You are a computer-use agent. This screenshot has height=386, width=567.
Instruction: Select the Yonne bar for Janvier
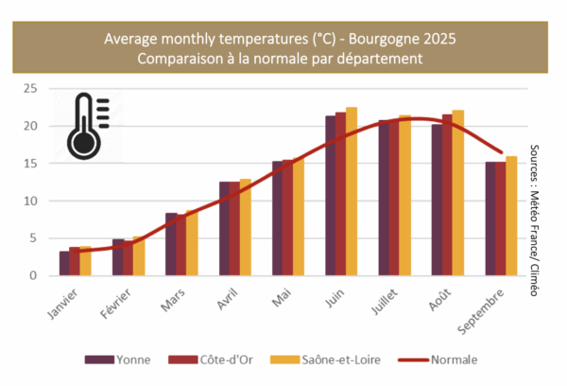[64, 263]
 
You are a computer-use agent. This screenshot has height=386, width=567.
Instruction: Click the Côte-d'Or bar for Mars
[181, 245]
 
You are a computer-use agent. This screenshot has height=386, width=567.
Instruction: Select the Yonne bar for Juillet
[384, 198]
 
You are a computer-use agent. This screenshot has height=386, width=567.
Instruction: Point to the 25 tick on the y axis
[30, 88]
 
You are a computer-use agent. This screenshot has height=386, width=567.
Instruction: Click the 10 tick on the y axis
[30, 201]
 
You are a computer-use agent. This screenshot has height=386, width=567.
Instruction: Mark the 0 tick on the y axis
[33, 276]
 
